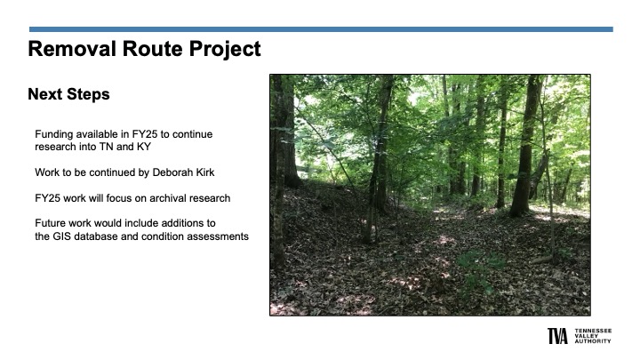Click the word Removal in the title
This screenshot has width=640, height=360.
pos(72,49)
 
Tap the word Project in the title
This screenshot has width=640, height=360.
pos(225,50)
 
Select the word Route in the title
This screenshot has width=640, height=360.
pos(153,49)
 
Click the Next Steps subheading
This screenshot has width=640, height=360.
pos(68,94)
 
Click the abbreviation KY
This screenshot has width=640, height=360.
pos(144,147)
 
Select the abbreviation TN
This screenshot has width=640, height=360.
pos(106,147)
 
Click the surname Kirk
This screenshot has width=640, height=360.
pos(204,172)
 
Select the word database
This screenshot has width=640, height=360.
pos(95,236)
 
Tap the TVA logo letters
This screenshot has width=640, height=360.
pos(557,336)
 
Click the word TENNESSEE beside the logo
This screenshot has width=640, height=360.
pos(593,331)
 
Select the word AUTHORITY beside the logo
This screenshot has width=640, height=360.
pos(593,340)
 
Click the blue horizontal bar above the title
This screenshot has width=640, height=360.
pos(321,29)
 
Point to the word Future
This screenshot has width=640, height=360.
pos(48,223)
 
